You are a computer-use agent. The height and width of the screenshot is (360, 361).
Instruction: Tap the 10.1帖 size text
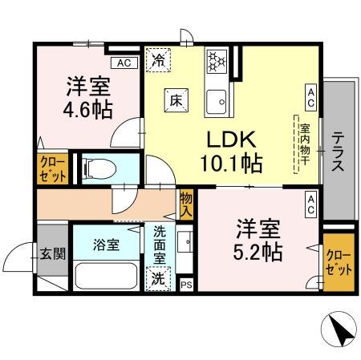click(229, 164)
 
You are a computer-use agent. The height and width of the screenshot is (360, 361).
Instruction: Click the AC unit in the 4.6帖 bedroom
click(123, 63)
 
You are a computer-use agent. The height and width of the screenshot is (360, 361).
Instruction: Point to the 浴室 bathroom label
click(107, 245)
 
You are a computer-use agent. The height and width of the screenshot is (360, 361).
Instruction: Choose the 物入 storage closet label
click(186, 205)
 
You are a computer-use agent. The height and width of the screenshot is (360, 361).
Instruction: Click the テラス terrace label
click(339, 152)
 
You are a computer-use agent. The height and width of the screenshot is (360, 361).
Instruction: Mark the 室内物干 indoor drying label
click(306, 144)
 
